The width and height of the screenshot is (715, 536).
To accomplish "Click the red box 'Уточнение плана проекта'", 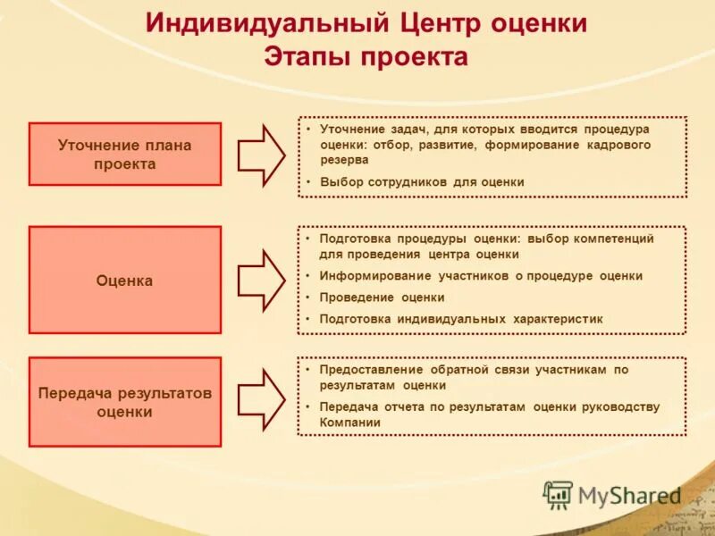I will point(124,154).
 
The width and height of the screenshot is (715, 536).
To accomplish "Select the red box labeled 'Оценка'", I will point(124,281).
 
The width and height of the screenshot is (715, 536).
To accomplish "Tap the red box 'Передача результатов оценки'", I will point(124,402).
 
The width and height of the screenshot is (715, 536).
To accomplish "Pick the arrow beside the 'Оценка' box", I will point(261,281).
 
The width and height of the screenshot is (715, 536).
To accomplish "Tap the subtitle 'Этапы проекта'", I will point(366,56).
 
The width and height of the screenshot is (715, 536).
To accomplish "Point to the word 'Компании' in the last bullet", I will point(343,423).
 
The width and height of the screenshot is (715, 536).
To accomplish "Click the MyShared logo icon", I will point(559,495).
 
